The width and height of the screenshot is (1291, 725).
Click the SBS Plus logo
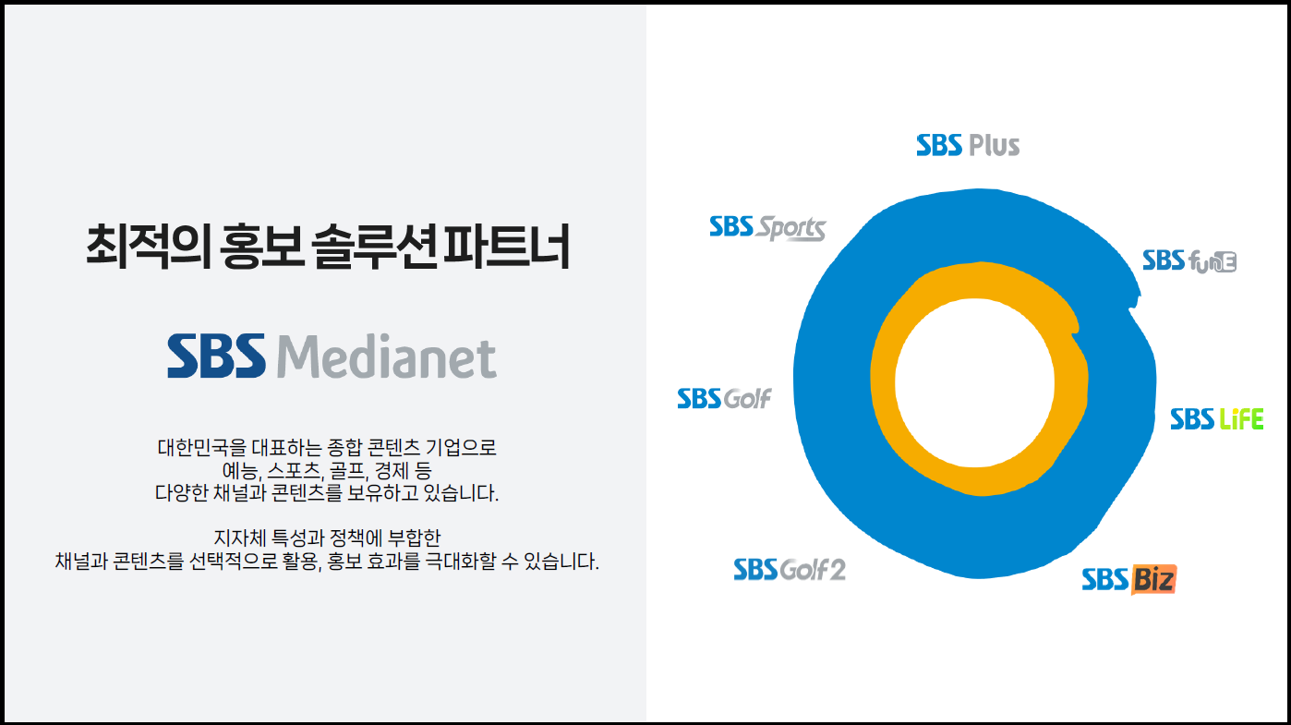[968, 145]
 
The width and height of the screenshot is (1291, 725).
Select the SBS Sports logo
[767, 228]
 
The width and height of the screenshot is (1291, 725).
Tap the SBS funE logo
[1189, 261]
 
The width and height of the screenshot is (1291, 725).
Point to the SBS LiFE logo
[1216, 419]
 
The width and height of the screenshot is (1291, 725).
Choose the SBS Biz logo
[1128, 579]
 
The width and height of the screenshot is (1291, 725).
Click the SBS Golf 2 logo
[790, 570]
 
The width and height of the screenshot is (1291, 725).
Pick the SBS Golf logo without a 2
[724, 398]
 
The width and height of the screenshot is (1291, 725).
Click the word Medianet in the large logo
[387, 356]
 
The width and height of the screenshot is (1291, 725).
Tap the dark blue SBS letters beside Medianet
[217, 356]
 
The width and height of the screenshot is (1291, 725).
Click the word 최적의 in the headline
[148, 246]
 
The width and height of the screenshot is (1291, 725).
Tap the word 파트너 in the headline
[505, 246]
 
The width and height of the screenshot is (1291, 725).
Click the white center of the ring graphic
[974, 382]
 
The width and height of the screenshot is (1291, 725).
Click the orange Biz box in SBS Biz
[1153, 580]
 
